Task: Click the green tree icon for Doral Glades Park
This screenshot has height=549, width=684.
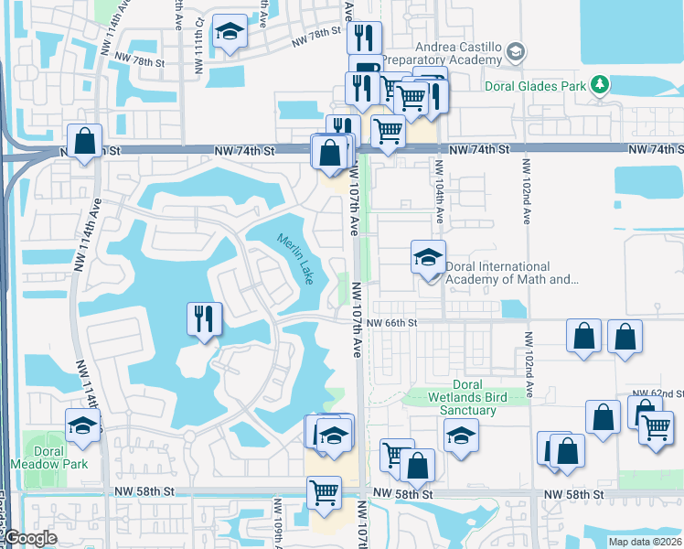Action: point(600,85)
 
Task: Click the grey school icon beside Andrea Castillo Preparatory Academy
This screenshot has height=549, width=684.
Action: point(516,52)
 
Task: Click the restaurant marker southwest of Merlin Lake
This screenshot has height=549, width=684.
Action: point(203,320)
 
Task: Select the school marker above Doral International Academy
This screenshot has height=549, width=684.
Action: point(427,258)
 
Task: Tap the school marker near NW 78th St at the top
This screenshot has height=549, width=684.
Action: point(230,33)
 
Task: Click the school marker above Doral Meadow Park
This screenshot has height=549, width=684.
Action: point(82,426)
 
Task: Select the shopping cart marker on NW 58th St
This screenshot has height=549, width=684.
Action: point(325,493)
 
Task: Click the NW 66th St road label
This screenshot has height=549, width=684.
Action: point(391,323)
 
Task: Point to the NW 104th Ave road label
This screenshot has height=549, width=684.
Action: point(439,192)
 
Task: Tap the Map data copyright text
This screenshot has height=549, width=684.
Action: point(646,542)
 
